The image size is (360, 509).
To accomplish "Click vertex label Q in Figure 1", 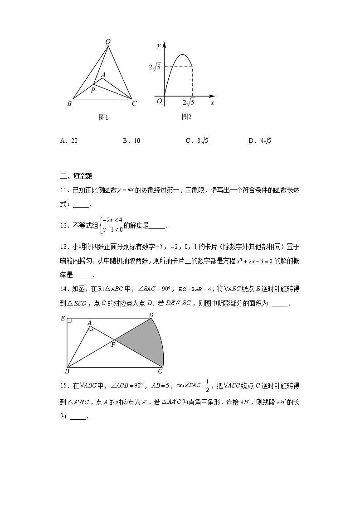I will [108, 42].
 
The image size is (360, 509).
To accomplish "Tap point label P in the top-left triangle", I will [92, 90].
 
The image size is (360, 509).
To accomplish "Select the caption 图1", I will [103, 117].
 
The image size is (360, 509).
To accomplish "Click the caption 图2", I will [186, 117].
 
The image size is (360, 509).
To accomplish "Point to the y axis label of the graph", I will [158, 45].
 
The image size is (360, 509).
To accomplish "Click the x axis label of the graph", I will [212, 103].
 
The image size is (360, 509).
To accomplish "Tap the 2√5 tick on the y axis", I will [155, 68].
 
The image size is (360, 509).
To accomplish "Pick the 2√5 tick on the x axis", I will [189, 102].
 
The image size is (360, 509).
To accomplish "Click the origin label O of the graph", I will [159, 101].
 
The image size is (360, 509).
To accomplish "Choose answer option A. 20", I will [69, 141].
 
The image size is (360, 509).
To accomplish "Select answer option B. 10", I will [131, 141].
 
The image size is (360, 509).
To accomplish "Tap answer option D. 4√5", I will [260, 141].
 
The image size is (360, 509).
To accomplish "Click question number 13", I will [63, 247].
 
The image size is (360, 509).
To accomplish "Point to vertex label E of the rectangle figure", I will [63, 318].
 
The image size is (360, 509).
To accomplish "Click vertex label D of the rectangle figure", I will [151, 315].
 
